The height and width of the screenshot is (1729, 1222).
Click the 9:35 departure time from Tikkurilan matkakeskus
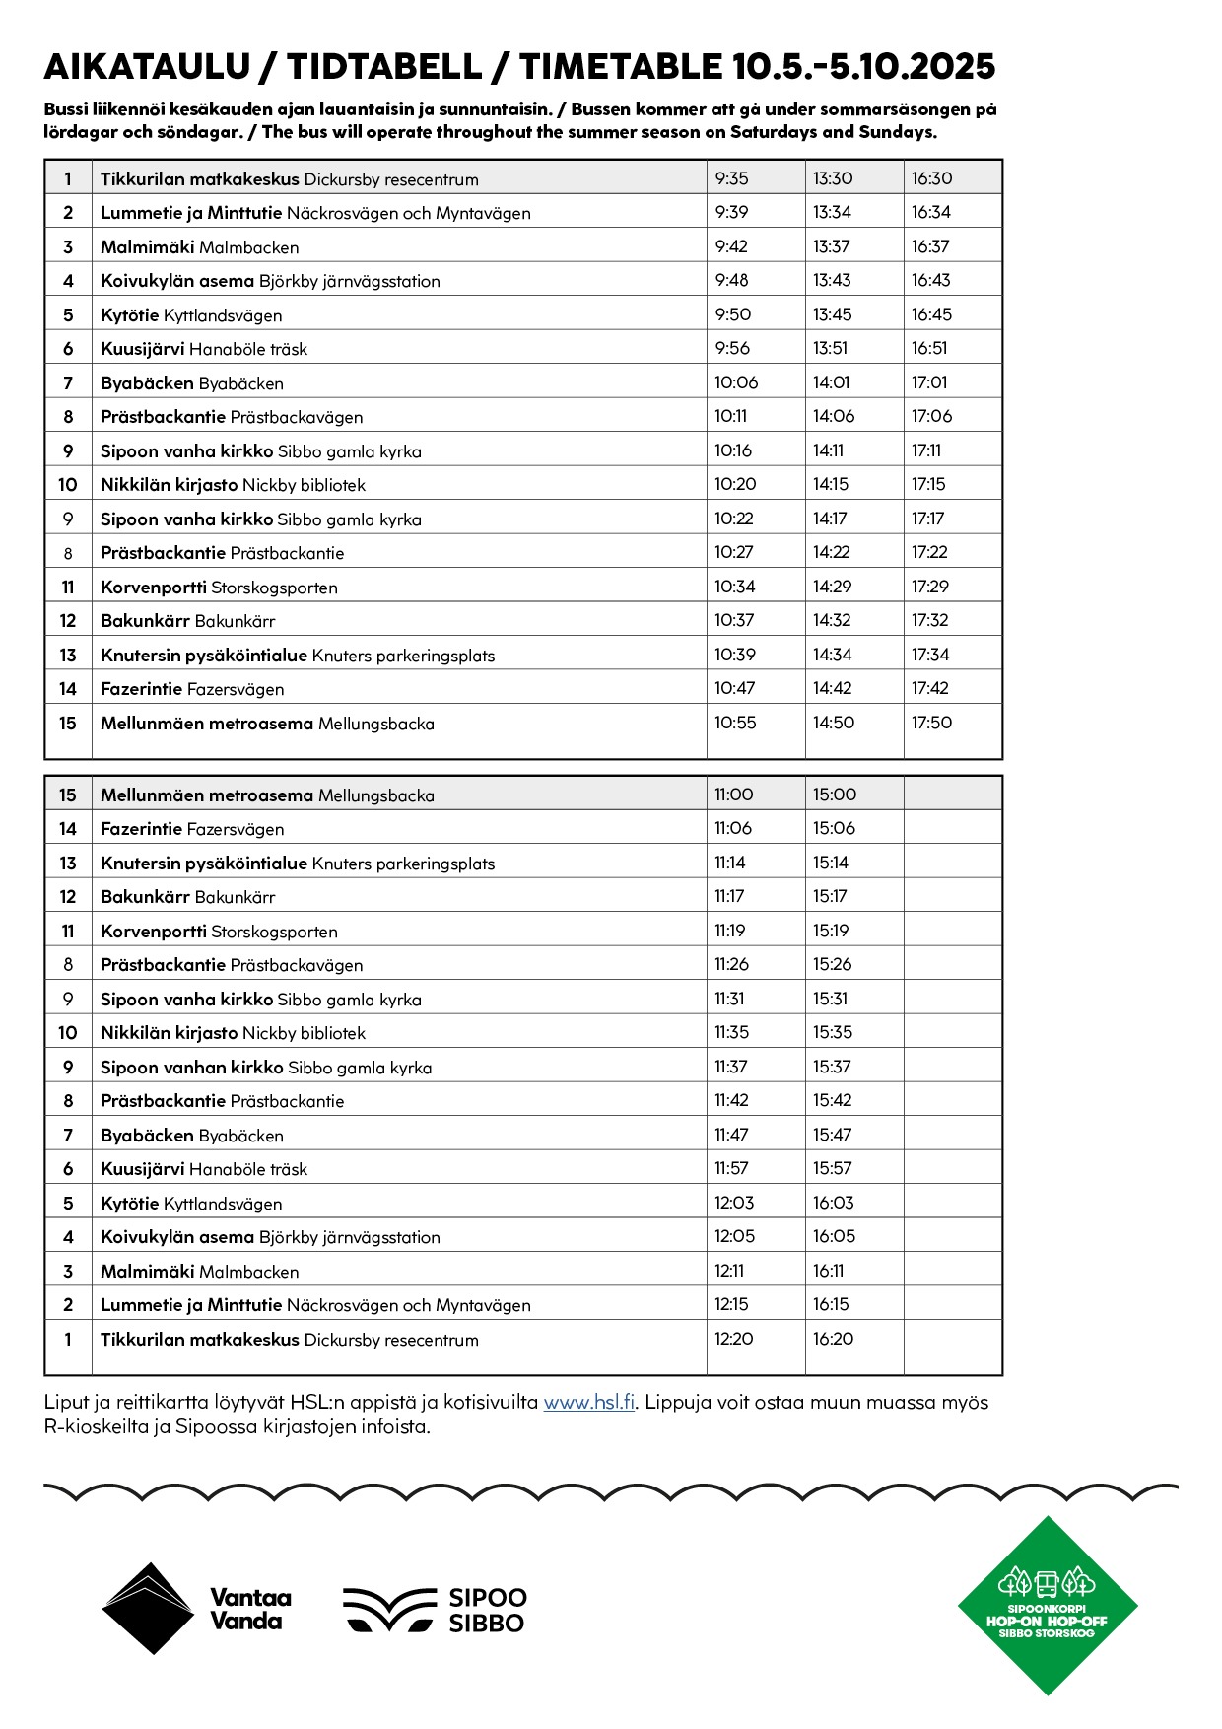pyautogui.click(x=732, y=178)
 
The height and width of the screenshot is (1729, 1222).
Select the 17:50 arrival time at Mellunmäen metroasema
pyautogui.click(x=931, y=723)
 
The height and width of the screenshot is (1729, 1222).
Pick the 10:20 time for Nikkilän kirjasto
pyautogui.click(x=735, y=484)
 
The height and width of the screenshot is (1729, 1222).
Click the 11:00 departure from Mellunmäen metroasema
pyautogui.click(x=733, y=795)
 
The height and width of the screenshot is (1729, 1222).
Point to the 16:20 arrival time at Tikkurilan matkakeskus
pyautogui.click(x=833, y=1339)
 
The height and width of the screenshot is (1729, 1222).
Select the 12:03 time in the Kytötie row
pyautogui.click(x=734, y=1203)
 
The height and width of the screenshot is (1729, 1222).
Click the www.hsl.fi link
pyautogui.click(x=588, y=1403)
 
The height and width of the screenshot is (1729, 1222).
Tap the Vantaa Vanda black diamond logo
pyautogui.click(x=148, y=1609)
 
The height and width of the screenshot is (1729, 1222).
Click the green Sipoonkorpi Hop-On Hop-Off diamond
pyautogui.click(x=1048, y=1606)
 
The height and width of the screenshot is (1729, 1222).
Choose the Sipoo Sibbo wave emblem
pyautogui.click(x=388, y=1610)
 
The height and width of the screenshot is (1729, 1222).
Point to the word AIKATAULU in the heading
pyautogui.click(x=148, y=67)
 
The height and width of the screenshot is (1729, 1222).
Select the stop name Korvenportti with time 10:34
pyautogui.click(x=154, y=588)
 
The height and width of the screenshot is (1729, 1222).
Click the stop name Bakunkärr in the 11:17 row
pyautogui.click(x=146, y=897)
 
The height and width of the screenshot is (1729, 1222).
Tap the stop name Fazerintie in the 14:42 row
pyautogui.click(x=142, y=689)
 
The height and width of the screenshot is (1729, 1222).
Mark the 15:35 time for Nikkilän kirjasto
pyautogui.click(x=833, y=1032)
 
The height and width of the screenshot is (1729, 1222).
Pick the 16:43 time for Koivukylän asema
pyautogui.click(x=930, y=280)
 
